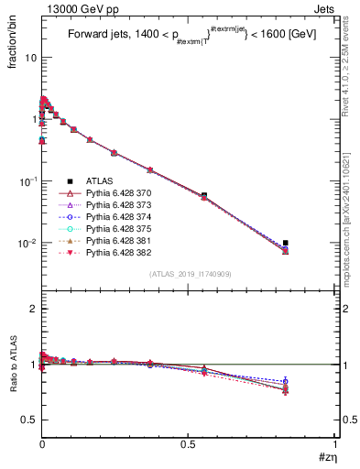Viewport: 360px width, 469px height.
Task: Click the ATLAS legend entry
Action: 100,181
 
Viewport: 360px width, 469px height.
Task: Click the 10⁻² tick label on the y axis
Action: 26,244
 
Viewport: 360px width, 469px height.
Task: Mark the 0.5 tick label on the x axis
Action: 188,445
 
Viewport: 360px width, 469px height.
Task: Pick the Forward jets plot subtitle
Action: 189,38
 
